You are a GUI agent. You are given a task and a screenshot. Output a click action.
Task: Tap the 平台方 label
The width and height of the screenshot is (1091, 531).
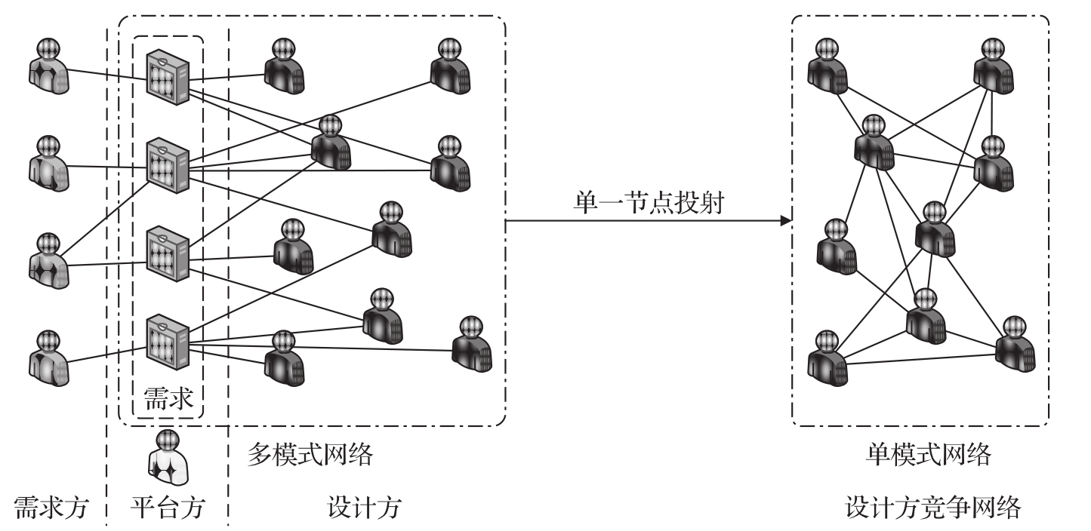(168, 508)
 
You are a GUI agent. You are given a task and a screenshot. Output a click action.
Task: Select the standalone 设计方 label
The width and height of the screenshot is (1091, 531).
(364, 508)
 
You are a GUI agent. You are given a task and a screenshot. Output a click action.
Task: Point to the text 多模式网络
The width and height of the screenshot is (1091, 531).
(310, 456)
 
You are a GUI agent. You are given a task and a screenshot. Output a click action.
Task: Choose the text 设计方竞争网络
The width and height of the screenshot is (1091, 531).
(933, 508)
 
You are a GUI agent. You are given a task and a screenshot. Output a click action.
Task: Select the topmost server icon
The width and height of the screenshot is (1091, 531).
(168, 76)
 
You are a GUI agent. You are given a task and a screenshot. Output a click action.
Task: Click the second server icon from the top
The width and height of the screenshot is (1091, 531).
(168, 164)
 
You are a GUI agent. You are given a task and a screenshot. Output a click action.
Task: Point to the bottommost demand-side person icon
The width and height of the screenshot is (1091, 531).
(49, 359)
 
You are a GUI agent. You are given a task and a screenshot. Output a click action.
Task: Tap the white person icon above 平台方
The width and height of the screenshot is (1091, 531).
(167, 457)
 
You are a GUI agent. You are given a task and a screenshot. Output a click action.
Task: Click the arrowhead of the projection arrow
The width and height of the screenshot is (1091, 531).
(786, 222)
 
